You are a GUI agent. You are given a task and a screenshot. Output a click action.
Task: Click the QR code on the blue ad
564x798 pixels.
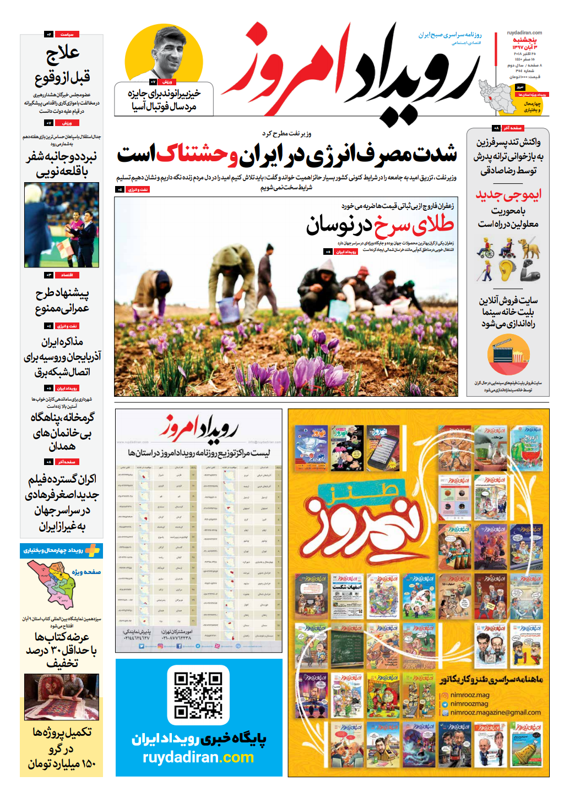(x=198, y=695)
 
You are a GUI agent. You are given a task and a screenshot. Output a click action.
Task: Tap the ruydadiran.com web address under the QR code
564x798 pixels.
(x=198, y=758)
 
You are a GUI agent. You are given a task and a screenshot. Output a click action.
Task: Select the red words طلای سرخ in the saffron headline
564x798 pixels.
(x=414, y=225)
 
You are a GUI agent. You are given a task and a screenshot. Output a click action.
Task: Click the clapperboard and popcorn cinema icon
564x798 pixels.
(x=508, y=355)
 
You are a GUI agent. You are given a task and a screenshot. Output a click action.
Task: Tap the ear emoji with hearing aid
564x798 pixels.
(x=508, y=270)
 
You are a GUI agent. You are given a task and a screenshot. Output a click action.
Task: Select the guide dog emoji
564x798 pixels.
(x=529, y=248)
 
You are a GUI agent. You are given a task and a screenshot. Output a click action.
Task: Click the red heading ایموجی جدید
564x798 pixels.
(x=508, y=194)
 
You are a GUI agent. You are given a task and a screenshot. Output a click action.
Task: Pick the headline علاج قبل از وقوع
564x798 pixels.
(x=62, y=65)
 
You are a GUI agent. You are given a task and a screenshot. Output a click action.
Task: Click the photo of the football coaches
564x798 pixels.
(x=62, y=225)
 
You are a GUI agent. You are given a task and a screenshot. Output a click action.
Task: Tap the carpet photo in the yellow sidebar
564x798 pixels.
(x=62, y=697)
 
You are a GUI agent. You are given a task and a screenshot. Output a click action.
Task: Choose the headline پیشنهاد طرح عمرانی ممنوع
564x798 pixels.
(x=62, y=300)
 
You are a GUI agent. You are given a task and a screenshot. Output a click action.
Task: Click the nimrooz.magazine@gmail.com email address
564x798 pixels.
(x=495, y=712)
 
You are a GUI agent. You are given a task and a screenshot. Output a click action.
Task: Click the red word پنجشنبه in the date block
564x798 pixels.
(x=524, y=40)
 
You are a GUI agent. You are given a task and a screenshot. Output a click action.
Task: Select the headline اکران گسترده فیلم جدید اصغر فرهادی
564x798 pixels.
(x=62, y=502)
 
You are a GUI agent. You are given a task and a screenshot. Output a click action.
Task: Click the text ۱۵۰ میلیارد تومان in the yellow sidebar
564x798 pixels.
(x=62, y=764)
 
